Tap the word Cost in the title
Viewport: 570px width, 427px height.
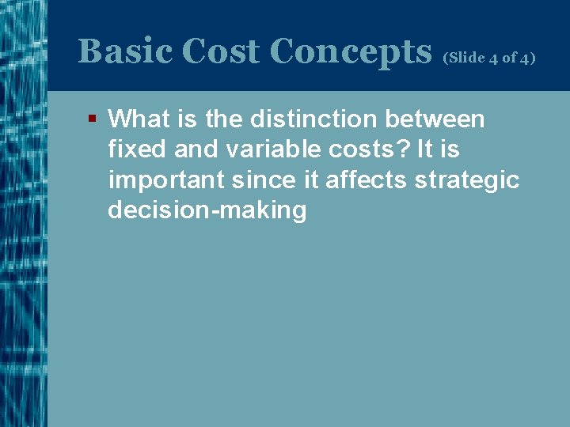pos(221,52)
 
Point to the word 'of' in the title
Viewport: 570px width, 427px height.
pos(509,58)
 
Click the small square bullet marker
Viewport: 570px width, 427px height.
pos(93,119)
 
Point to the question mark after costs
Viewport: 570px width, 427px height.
pos(401,149)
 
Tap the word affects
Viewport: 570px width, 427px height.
pos(365,180)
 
